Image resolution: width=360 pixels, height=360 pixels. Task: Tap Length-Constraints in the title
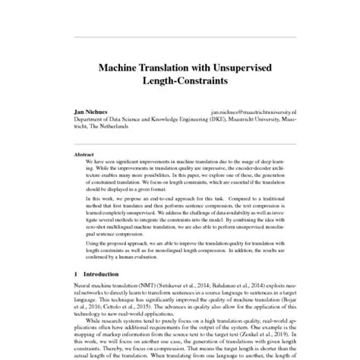(180, 82)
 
